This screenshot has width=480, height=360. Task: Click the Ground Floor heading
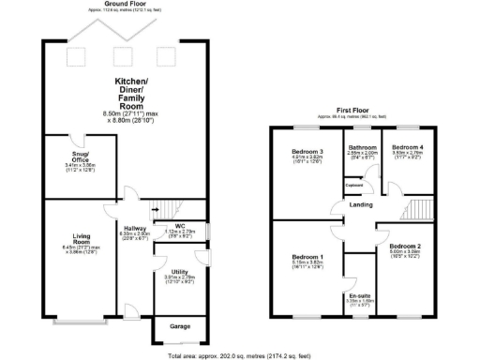point(128,4)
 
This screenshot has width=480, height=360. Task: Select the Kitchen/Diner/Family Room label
point(128,91)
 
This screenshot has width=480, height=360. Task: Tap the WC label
point(179,225)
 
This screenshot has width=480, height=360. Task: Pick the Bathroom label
point(361,147)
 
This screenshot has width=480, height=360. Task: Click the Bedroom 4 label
point(408,147)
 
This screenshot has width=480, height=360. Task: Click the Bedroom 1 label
point(307,257)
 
